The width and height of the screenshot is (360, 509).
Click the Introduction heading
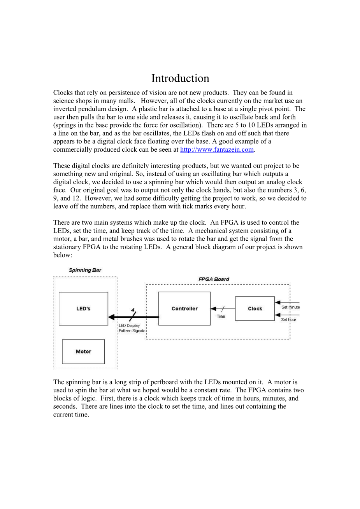[180, 78]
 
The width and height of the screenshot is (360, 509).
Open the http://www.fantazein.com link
[217, 150]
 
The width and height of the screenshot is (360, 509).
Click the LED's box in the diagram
[83, 309]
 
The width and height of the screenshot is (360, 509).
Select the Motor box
[83, 352]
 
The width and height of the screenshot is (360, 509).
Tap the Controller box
[184, 309]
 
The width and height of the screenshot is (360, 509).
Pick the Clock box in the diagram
[255, 309]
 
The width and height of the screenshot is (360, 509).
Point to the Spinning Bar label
[85, 270]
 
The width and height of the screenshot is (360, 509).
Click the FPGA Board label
[214, 279]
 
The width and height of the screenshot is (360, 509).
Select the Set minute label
[291, 307]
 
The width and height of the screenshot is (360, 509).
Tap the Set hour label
[289, 320]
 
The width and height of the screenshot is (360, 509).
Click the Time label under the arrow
[221, 317]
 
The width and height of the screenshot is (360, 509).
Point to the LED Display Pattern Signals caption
[132, 328]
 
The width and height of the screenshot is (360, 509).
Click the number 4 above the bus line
[133, 310]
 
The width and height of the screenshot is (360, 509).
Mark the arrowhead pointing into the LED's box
[111, 317]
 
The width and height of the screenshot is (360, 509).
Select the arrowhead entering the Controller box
[213, 309]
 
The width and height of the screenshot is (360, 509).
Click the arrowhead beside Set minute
[277, 302]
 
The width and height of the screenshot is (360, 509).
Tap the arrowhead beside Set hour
[277, 315]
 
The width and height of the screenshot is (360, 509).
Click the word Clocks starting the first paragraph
[63, 93]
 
